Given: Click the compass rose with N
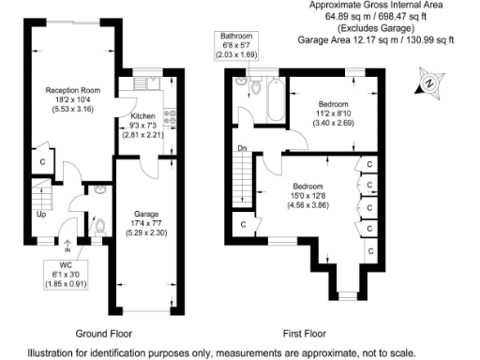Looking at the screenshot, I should point(429,83).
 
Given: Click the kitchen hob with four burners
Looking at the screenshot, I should point(172,117).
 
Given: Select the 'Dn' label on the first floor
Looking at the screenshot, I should point(242,148).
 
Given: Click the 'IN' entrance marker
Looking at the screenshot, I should point(67,250).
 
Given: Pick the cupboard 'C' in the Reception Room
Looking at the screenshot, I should point(40,160).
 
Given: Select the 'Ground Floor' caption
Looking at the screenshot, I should point(103,333).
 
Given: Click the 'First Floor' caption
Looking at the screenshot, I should point(304,333).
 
